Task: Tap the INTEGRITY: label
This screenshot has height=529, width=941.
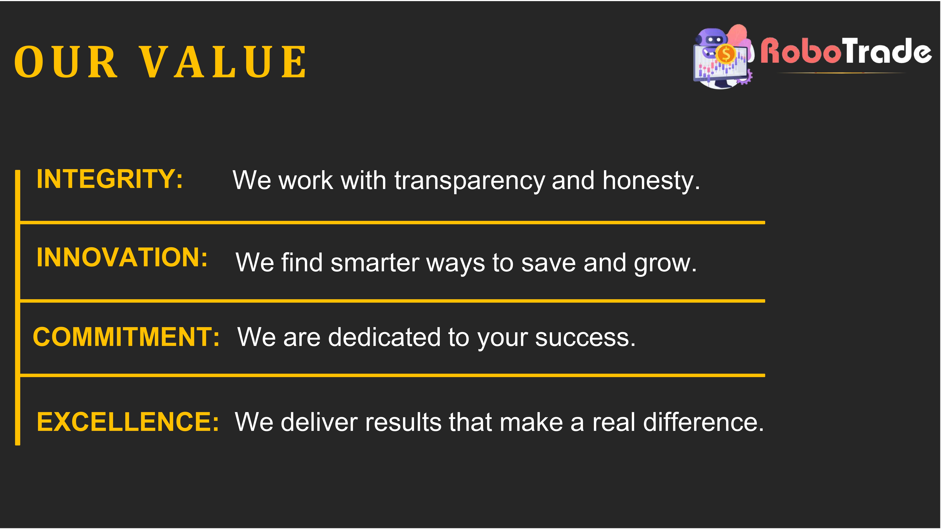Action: (x=110, y=179)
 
